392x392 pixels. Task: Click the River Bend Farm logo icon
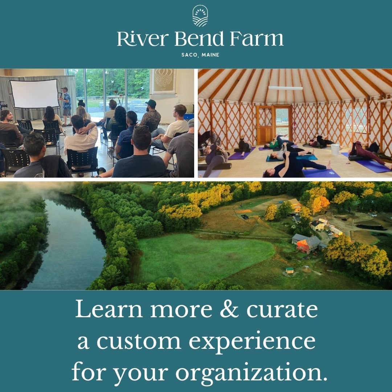coord(200,16)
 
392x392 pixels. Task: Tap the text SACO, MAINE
coord(200,55)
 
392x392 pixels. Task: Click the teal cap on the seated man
coord(151,103)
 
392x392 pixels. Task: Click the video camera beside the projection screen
coord(4,106)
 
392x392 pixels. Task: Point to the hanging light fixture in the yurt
coord(285,88)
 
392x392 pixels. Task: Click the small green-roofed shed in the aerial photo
coord(289,270)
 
